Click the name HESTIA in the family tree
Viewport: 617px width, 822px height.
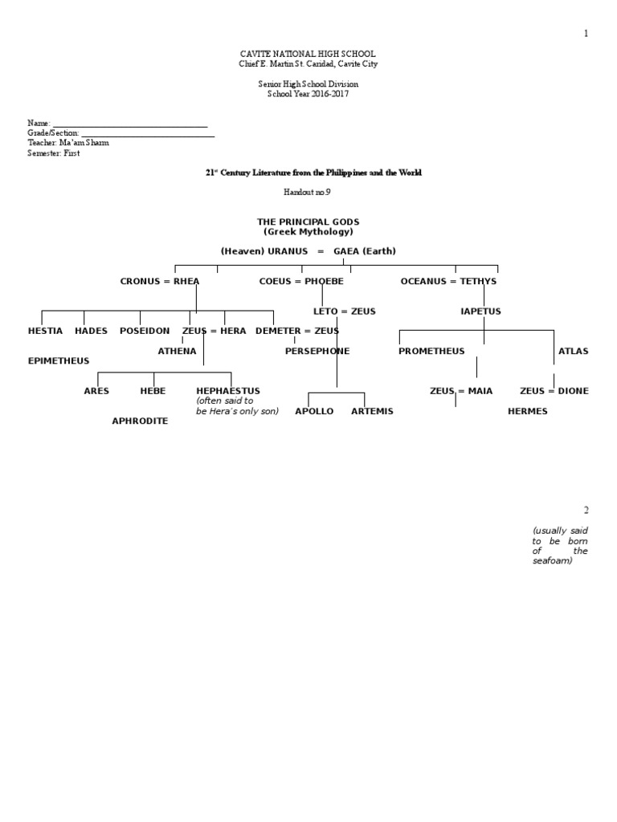click(45, 331)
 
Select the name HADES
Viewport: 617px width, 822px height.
click(91, 331)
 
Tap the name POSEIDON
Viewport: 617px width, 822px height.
click(145, 331)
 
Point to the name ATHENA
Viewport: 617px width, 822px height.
click(177, 351)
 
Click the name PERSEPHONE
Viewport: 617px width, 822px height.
click(317, 351)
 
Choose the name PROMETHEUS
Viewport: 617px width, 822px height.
click(433, 351)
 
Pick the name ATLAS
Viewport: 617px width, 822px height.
click(573, 351)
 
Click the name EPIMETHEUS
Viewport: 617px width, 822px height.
click(59, 361)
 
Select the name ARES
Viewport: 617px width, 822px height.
click(96, 391)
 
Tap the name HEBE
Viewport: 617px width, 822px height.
click(153, 391)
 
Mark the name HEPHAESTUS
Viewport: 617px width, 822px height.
click(228, 391)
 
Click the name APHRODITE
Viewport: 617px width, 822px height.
click(140, 421)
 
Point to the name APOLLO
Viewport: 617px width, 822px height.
click(314, 411)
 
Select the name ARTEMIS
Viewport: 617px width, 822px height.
click(372, 411)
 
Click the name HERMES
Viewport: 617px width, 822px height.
click(528, 411)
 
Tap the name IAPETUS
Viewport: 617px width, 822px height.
click(480, 311)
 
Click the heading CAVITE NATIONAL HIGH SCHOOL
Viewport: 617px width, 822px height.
click(308, 55)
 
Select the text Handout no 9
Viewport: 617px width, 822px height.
click(308, 192)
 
